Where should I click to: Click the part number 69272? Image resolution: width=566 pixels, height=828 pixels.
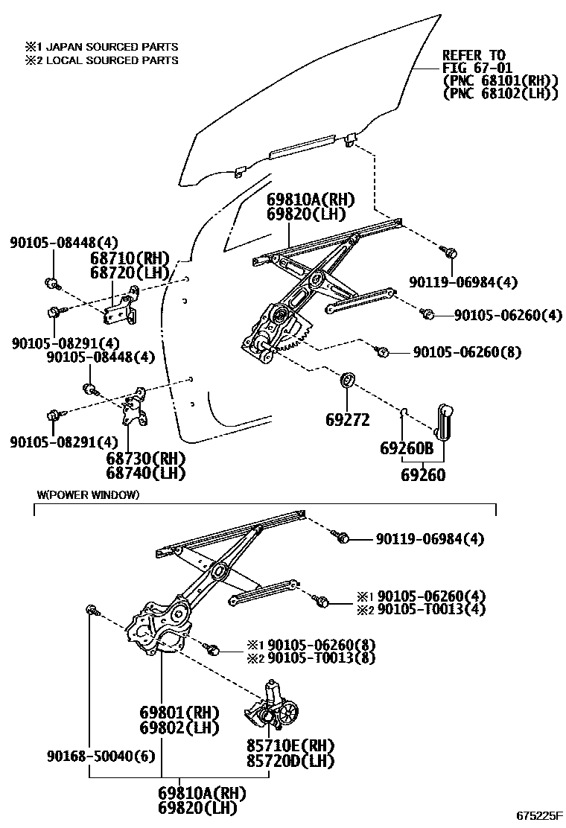tap(347, 420)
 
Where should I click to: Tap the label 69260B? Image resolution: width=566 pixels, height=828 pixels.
tap(407, 449)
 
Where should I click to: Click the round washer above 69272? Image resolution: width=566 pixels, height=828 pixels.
tap(347, 381)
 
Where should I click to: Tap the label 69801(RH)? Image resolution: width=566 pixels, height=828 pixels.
tap(179, 713)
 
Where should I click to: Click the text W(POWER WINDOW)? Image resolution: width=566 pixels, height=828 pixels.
tap(88, 495)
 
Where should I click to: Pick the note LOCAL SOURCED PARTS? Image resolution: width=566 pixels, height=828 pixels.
tap(112, 60)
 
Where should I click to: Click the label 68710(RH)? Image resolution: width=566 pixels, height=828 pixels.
tap(130, 258)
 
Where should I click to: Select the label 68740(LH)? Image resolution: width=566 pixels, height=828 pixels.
tap(146, 473)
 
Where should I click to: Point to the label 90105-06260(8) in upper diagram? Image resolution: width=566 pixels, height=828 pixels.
tap(467, 351)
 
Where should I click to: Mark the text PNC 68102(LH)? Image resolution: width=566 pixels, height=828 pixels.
tap(500, 93)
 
